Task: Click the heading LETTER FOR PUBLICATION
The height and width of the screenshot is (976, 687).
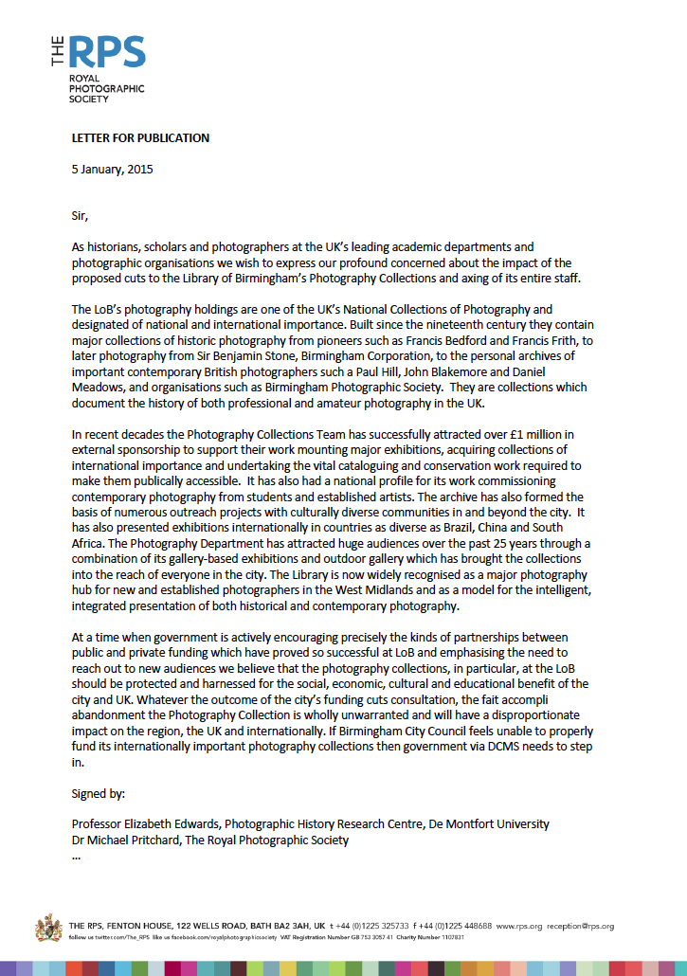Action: click(140, 137)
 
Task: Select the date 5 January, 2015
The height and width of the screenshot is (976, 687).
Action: click(112, 170)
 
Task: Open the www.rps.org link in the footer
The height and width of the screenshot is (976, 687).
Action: click(516, 926)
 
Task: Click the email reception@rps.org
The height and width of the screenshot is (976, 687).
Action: click(580, 926)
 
